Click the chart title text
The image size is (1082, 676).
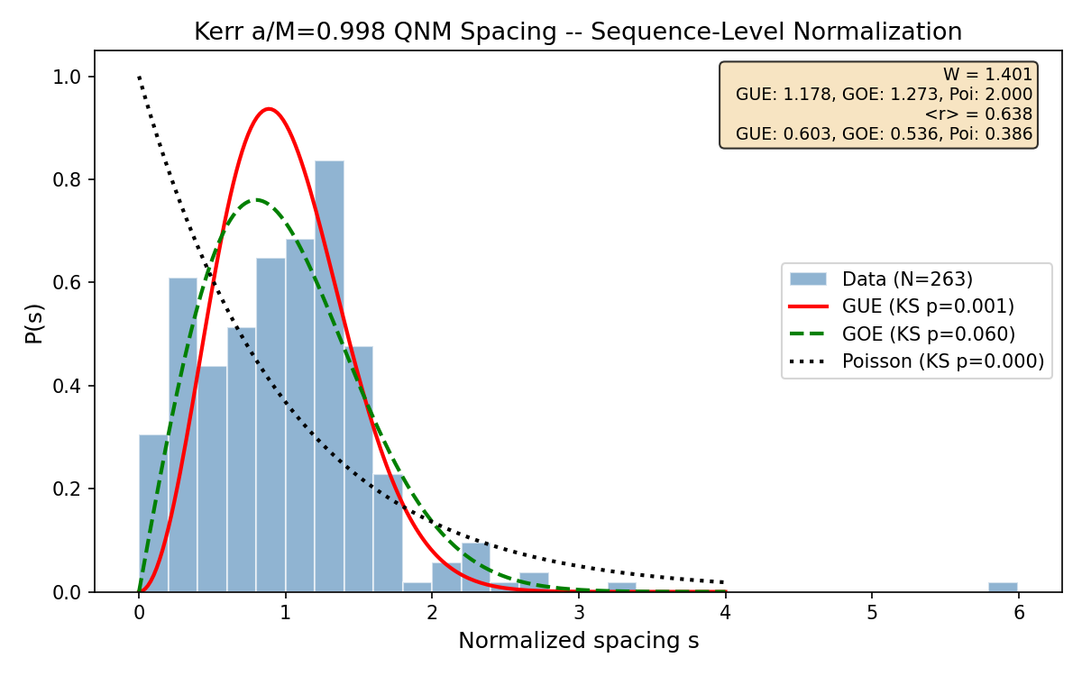[578, 32]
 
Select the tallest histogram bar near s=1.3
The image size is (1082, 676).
[329, 379]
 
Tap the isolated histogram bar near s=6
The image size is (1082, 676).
[1003, 587]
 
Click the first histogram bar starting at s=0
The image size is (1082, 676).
[153, 514]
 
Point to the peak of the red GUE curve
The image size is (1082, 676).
[268, 109]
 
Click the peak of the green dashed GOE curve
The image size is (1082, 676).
[257, 199]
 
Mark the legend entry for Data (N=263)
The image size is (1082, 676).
[907, 279]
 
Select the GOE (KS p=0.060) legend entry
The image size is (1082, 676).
[928, 333]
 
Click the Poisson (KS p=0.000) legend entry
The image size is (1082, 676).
[942, 361]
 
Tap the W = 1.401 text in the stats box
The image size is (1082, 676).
[987, 75]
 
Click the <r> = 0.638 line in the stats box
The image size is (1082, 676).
[978, 114]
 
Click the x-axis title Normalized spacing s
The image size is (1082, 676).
[578, 641]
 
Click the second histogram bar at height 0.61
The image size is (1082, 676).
[183, 437]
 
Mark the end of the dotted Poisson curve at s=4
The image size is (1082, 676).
[724, 582]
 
